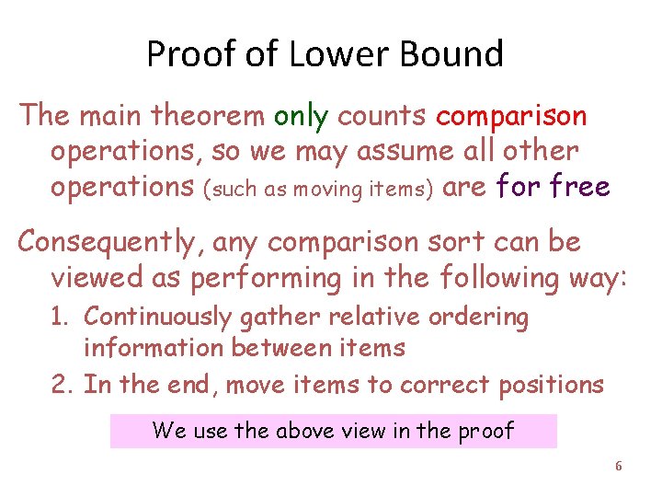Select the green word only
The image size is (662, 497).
[x=301, y=116]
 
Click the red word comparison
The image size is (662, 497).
[x=511, y=117]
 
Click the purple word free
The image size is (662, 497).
[x=577, y=187]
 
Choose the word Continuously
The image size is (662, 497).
[x=157, y=318]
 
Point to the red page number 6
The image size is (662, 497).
[x=618, y=467]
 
